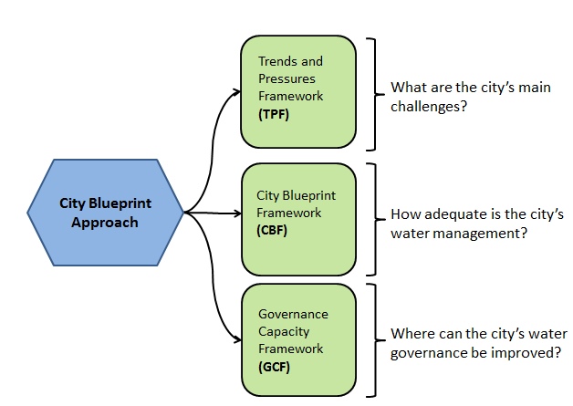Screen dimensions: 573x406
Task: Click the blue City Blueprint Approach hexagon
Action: [x=105, y=213]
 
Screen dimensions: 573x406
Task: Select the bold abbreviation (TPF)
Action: [x=274, y=114]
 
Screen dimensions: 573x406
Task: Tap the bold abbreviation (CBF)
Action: [x=272, y=230]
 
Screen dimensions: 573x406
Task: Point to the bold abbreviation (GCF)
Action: [x=274, y=367]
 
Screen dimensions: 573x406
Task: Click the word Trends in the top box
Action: [x=277, y=61]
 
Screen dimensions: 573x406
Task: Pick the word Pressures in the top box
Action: [x=286, y=78]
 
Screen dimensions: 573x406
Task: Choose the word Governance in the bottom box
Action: [x=293, y=314]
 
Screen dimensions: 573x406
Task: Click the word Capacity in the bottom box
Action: [x=284, y=332]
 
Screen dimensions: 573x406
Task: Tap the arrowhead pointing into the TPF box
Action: [x=237, y=91]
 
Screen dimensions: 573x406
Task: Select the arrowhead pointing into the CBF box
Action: [x=237, y=213]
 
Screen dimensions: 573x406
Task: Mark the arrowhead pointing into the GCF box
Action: [x=237, y=340]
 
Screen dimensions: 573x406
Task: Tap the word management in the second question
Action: [x=476, y=234]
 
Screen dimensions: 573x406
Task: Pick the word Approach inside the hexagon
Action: [x=105, y=223]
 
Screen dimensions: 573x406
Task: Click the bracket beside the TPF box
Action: [x=375, y=94]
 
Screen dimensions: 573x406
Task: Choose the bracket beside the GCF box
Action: [x=375, y=340]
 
